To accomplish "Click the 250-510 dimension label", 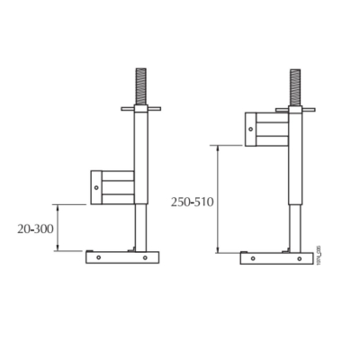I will click(x=192, y=202).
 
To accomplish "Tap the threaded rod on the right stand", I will click(x=296, y=88).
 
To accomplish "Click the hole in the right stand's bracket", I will click(x=251, y=128).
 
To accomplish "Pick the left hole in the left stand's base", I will click(x=96, y=257).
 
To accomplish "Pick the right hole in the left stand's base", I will click(x=148, y=257).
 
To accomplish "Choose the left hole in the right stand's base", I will click(x=251, y=257).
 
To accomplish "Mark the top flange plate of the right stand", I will click(x=296, y=110).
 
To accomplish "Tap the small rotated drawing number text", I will click(x=319, y=253).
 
